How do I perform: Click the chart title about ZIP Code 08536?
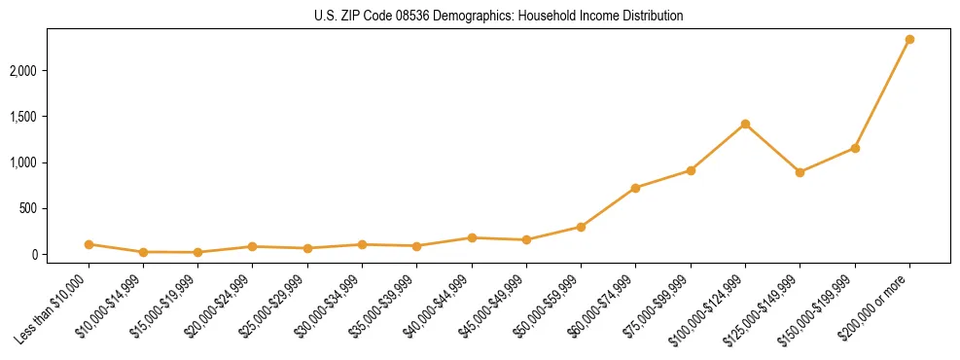coord(499,16)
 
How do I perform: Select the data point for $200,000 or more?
coord(909,39)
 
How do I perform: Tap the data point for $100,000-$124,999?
coord(745,124)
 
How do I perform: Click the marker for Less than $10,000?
coord(89,244)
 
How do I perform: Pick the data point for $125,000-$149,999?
coord(800,172)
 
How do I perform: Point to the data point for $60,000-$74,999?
coord(635,188)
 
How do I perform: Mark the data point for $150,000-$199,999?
coord(855,148)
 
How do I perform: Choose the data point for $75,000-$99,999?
coord(691,170)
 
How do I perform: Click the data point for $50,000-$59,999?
coord(581,227)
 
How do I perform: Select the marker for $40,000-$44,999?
coord(472,237)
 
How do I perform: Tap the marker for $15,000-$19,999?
coord(197,252)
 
